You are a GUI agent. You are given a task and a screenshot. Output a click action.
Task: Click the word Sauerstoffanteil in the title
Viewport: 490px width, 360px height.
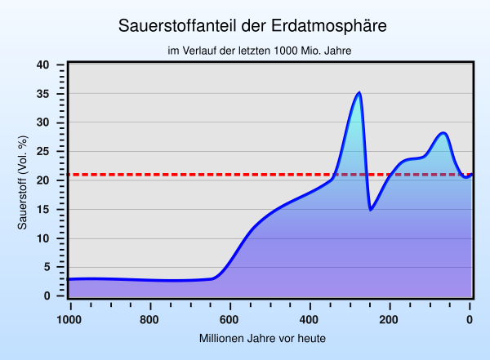(x=177, y=25)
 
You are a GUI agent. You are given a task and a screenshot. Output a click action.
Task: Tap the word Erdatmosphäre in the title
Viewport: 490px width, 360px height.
(x=329, y=26)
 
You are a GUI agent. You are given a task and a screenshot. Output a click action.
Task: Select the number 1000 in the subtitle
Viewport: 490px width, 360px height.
(x=286, y=51)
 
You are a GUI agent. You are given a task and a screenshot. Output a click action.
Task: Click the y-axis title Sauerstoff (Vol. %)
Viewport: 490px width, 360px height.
(x=23, y=183)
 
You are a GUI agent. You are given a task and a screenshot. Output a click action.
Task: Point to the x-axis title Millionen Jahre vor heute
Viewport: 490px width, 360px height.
(x=262, y=339)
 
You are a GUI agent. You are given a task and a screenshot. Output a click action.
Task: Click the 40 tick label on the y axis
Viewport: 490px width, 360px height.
(x=42, y=65)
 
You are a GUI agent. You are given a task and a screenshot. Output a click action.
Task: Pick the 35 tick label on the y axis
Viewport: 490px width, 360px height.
(x=42, y=94)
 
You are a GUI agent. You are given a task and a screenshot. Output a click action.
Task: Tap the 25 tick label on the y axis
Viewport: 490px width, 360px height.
(x=42, y=152)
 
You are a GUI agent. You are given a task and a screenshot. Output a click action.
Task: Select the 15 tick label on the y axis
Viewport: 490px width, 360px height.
(x=42, y=210)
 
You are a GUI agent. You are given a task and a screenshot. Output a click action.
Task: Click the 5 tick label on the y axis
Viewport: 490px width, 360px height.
(x=47, y=267)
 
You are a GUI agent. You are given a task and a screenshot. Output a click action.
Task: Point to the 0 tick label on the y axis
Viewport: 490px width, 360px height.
(x=47, y=296)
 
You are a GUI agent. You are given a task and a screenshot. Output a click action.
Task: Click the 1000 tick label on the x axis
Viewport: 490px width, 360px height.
(x=69, y=320)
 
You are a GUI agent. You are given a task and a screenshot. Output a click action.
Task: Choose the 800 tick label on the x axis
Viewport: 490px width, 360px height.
(x=149, y=320)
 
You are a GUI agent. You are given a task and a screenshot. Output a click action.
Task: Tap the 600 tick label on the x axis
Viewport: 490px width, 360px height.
(x=229, y=320)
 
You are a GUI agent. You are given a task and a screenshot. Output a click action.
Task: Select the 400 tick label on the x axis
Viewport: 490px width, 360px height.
(x=309, y=320)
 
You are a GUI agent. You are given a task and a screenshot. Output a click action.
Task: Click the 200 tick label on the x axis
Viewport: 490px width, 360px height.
(x=389, y=320)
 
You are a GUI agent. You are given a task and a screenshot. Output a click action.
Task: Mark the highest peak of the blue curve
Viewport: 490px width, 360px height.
(x=359, y=93)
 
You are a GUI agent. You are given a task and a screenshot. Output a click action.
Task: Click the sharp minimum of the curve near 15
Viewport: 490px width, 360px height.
(x=370, y=209)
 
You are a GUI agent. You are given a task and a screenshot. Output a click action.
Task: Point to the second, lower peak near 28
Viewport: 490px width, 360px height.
(x=443, y=133)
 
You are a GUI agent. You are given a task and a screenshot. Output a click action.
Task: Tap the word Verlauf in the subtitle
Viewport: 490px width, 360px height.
(x=200, y=51)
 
